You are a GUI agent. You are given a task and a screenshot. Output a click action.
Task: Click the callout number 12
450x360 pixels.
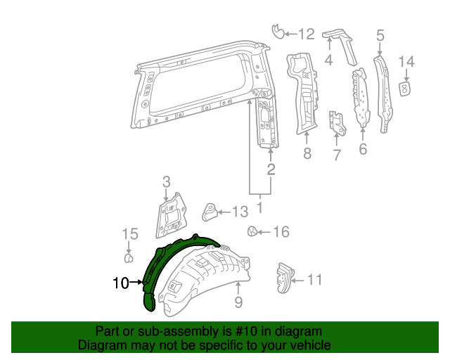pos(306,33)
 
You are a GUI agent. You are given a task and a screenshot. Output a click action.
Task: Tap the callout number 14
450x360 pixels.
pos(406,62)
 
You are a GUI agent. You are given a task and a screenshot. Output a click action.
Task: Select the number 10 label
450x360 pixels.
pos(120,283)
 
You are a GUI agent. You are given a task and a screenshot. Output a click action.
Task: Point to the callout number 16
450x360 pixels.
pos(281,231)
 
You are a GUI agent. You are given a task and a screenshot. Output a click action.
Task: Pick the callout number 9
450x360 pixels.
pos(238,302)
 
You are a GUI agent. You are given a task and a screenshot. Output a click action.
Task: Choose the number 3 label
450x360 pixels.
pos(166,183)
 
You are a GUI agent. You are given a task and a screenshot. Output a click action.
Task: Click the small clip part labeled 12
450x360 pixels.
pos(278,31)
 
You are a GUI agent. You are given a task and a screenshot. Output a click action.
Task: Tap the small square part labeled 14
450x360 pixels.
pos(406,88)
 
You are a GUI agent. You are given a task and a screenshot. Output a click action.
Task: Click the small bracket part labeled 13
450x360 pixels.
pos(209,211)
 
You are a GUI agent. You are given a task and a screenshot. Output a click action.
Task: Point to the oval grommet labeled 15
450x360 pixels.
pos(129,257)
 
